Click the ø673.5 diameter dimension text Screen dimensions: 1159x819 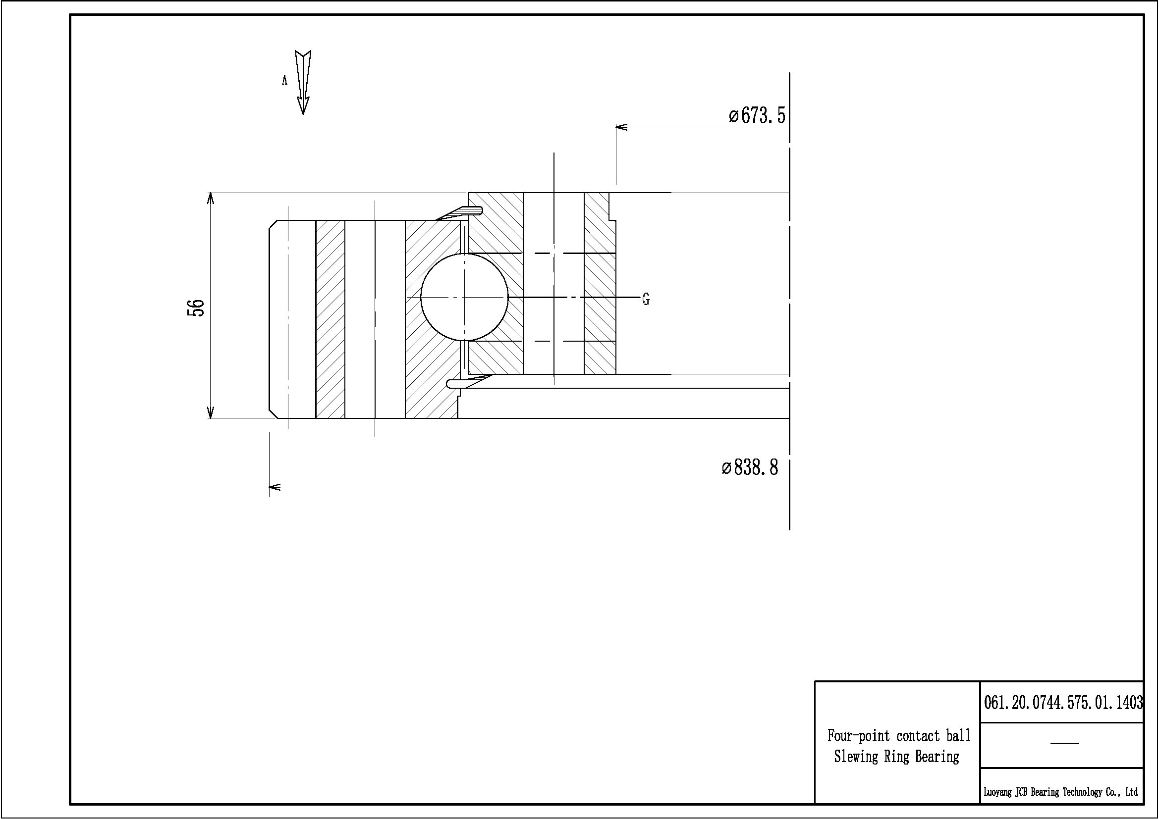click(x=757, y=115)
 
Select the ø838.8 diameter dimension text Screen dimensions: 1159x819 click(x=750, y=467)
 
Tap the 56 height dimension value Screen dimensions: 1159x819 click(x=196, y=307)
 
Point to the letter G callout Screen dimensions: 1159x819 click(x=646, y=299)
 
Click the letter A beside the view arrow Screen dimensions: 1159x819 click(x=285, y=80)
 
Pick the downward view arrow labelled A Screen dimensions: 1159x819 click(x=303, y=82)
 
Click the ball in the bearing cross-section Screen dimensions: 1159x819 click(x=464, y=297)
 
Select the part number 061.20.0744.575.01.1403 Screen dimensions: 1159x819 click(x=1063, y=702)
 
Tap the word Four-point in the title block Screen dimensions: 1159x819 click(x=858, y=736)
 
